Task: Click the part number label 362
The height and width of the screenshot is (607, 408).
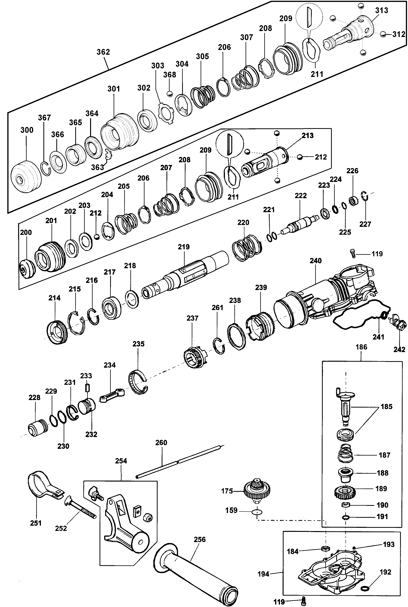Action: point(103,52)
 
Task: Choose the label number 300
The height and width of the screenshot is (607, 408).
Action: point(27,130)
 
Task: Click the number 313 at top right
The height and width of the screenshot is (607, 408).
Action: point(381,10)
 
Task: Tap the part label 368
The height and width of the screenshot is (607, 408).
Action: point(170,75)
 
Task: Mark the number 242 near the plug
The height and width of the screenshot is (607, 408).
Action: point(399,350)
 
